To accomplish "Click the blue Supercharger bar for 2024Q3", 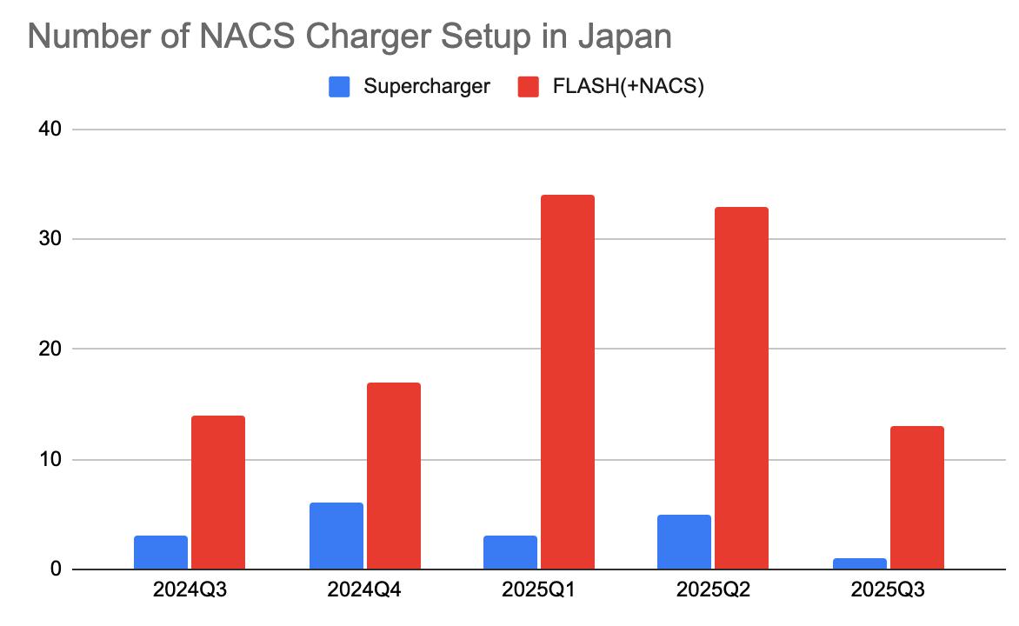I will point(161,553).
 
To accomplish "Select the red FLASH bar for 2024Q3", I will point(218,492).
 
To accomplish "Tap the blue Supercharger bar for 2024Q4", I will point(336,536).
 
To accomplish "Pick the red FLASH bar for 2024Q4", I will point(393,476).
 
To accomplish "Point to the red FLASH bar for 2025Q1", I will point(567,383).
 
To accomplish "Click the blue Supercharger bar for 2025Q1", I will point(510,553).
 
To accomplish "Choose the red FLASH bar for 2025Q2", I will point(742,388).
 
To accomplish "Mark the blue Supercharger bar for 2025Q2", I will point(684,543).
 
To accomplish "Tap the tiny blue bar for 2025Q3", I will point(859,563).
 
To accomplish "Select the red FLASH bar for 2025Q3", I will point(916,497).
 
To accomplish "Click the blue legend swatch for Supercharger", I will point(339,86).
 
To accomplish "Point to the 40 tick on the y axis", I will point(50,130).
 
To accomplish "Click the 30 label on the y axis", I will point(50,239).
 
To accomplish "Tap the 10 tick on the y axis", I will point(50,459).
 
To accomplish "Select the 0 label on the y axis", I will point(55,569).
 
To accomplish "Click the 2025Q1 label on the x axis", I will point(539,590).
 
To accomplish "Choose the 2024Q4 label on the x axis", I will point(364,590).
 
